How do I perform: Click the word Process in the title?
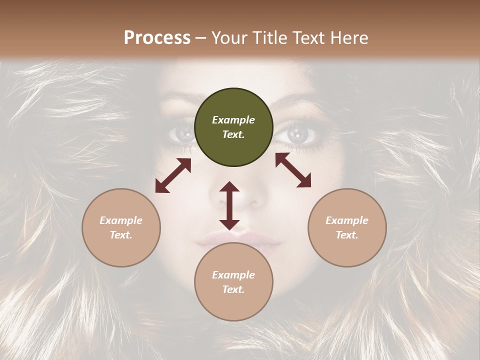(157, 38)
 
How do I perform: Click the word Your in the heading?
(229, 38)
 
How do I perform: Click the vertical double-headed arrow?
(229, 205)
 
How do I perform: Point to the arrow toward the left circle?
(173, 175)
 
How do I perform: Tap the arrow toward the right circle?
(293, 170)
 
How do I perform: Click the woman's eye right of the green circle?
(299, 134)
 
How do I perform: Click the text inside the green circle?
(233, 127)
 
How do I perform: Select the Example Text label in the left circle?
(121, 227)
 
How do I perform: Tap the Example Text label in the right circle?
(347, 227)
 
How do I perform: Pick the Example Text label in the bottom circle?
(233, 282)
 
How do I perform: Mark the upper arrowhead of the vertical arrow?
(229, 187)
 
